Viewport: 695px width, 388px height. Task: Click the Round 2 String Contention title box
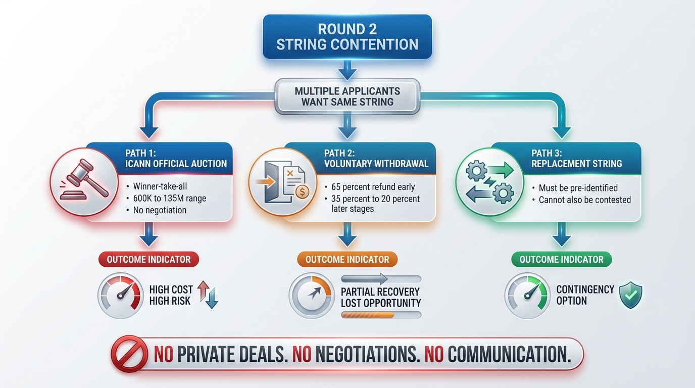(347, 36)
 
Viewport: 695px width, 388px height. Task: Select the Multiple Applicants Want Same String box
(347, 96)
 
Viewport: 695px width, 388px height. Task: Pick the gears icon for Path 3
(489, 182)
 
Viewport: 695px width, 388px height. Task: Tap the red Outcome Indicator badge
(148, 260)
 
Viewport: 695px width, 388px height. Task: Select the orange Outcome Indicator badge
(347, 260)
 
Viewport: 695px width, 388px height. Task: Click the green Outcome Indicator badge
(561, 260)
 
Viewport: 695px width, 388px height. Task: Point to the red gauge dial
(120, 296)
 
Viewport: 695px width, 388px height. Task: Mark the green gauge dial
(527, 296)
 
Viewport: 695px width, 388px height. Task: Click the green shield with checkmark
(631, 295)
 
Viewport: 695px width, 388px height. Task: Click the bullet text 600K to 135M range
(170, 199)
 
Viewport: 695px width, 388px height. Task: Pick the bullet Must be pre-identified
(578, 188)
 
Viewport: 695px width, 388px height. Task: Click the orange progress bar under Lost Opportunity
(380, 315)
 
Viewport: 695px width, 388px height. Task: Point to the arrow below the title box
(347, 70)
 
